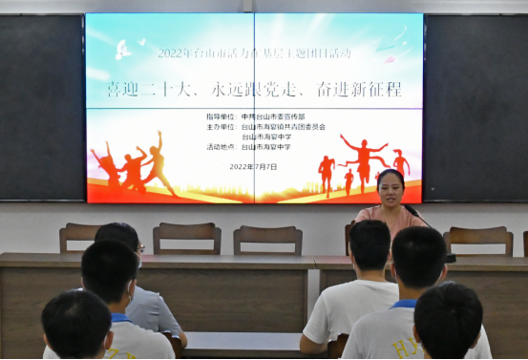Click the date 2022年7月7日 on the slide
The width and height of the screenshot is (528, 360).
point(253,166)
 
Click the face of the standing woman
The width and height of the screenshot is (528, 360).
point(391,189)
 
